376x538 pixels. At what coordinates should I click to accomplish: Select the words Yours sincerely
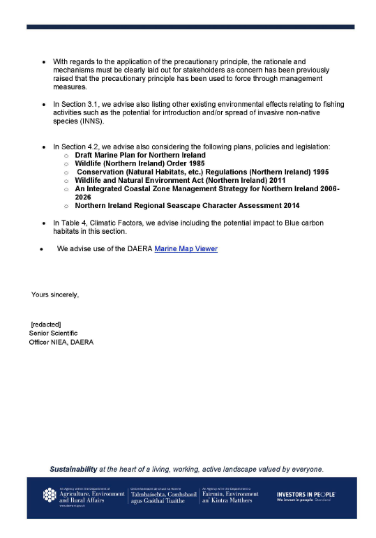55,295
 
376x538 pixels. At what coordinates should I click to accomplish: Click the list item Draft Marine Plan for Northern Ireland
140,155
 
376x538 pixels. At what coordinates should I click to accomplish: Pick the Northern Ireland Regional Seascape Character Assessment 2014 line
187,206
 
